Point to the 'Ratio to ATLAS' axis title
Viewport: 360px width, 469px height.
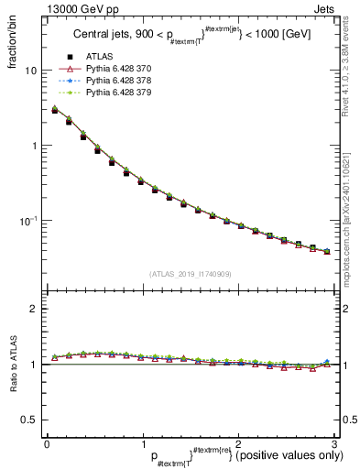coord(12,365)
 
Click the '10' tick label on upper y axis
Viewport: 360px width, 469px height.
coord(30,71)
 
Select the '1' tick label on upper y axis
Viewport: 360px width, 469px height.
coord(33,146)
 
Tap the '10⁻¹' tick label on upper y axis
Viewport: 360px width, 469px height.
coord(28,220)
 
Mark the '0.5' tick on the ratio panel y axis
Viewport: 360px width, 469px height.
coord(29,420)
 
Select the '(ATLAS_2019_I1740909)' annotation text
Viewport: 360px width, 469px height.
coord(189,273)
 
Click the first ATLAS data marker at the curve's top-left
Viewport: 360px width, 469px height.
coord(54,110)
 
